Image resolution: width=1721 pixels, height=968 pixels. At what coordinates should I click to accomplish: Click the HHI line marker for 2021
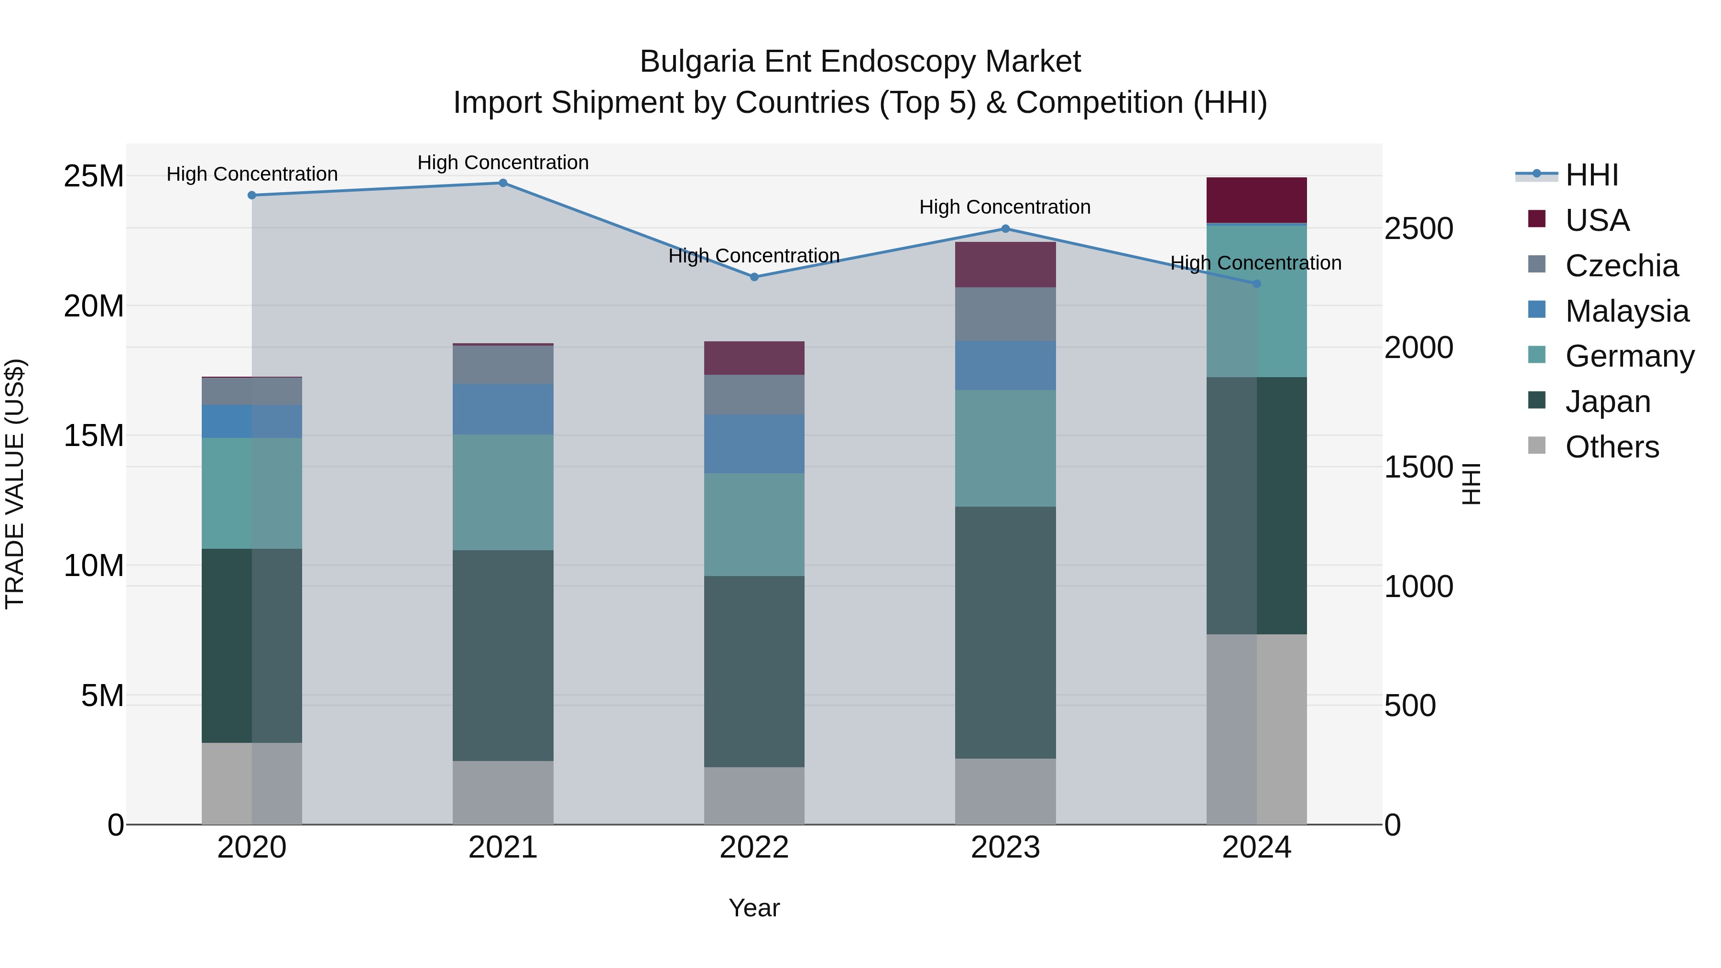[503, 183]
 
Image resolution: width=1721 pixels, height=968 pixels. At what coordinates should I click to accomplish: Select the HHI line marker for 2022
[754, 277]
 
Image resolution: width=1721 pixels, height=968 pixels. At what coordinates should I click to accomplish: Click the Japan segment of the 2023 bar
[1005, 632]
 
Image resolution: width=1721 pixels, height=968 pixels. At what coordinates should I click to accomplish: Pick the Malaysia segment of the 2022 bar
[754, 444]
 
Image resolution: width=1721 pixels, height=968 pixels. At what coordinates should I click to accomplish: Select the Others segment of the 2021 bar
[503, 792]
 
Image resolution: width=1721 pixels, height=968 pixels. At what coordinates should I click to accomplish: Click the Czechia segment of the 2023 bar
[1005, 314]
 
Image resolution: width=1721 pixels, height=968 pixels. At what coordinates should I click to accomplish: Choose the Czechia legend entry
[1622, 266]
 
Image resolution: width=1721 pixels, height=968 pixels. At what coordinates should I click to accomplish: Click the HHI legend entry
[1592, 175]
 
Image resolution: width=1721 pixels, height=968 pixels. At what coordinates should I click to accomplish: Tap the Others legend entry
[1612, 447]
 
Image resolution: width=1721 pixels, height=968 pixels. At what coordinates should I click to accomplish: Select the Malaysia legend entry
[1626, 311]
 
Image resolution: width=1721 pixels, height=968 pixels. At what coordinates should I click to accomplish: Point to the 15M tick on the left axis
[94, 435]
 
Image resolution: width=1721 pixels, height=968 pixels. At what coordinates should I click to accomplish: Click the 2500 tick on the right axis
[1418, 228]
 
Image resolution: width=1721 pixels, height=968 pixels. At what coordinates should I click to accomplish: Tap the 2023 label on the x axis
[1005, 848]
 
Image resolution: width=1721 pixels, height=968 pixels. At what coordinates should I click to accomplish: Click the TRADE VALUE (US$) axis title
[15, 484]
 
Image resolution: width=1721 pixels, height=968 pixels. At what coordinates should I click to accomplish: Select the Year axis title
[754, 908]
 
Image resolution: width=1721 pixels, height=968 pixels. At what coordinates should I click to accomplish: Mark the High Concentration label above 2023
[1005, 207]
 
